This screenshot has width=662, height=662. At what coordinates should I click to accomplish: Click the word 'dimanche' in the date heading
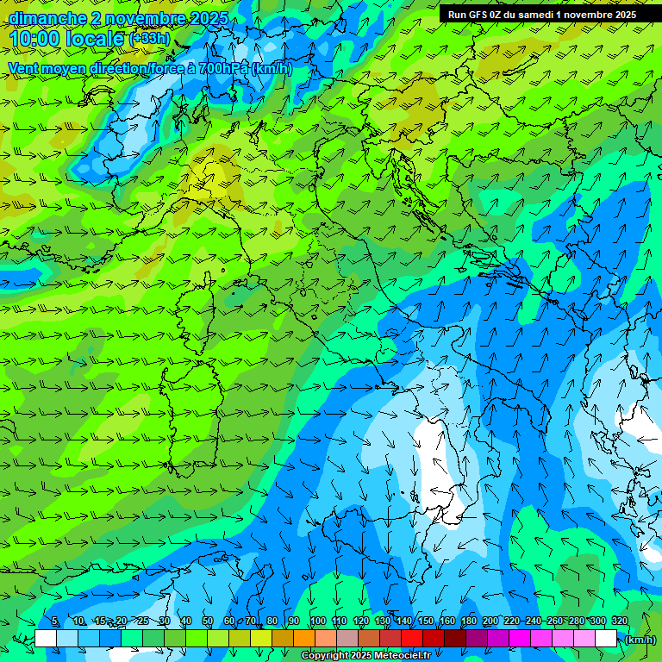click(47, 18)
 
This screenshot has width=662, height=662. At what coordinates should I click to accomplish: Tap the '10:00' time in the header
click(36, 39)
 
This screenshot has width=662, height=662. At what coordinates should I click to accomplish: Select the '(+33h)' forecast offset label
click(149, 39)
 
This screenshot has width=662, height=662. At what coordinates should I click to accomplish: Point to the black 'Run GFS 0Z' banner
click(542, 14)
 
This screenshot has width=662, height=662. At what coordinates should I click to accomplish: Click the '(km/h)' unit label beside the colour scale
click(640, 640)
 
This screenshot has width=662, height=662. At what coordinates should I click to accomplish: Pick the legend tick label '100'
click(317, 621)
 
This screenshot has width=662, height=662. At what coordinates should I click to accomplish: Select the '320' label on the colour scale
click(619, 621)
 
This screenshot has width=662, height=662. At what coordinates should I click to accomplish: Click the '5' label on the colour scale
click(54, 621)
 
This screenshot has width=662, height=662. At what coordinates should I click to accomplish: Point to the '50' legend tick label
click(208, 621)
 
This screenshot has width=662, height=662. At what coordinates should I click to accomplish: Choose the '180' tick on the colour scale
click(468, 621)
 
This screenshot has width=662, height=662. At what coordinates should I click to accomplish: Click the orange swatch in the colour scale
click(304, 639)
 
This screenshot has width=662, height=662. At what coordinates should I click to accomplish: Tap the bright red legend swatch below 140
click(412, 639)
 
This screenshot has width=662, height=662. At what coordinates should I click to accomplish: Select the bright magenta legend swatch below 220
click(520, 639)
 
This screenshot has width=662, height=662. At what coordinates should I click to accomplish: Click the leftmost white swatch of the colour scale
click(46, 639)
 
